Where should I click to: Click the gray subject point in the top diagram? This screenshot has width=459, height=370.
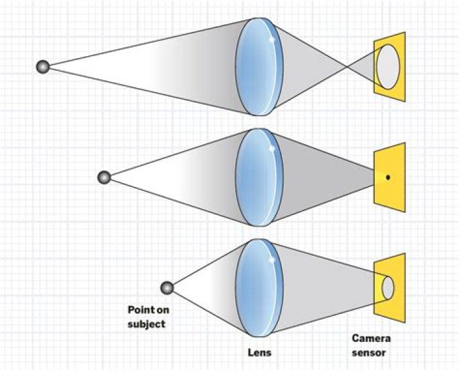[43, 66]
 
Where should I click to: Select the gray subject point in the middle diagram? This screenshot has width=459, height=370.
[104, 177]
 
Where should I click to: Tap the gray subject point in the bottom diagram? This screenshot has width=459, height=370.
[167, 288]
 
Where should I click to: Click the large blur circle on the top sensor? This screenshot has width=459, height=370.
[388, 67]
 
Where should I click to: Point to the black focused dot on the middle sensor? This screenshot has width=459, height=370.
[388, 177]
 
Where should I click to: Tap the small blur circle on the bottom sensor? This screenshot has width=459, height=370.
[388, 288]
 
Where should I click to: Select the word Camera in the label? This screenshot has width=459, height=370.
[371, 339]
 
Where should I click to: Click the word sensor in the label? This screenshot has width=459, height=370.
[370, 352]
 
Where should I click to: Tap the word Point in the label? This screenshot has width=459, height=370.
[138, 310]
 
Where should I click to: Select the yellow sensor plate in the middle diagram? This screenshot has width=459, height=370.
[397, 159]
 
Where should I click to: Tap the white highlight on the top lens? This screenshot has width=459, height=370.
[272, 39]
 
